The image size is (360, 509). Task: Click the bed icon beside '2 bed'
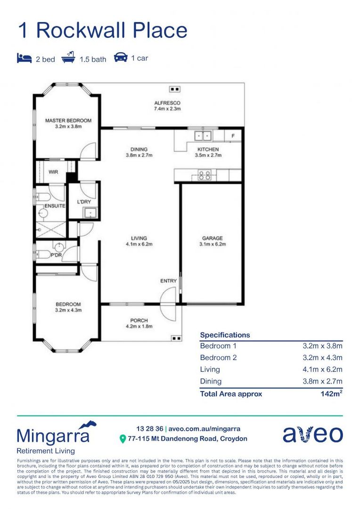pyautogui.click(x=25, y=58)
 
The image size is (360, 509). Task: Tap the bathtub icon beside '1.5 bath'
pyautogui.click(x=68, y=57)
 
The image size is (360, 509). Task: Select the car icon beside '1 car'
pyautogui.click(x=121, y=57)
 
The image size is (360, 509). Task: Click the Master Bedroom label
pyautogui.click(x=68, y=121)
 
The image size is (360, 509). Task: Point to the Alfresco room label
pyautogui.click(x=167, y=103)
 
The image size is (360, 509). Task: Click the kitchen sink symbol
pyautogui.click(x=203, y=135)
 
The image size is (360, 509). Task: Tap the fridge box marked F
pyautogui.click(x=233, y=136)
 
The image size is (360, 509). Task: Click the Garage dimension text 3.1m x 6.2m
pyautogui.click(x=213, y=244)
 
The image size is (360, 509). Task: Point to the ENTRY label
pyautogui.click(x=169, y=281)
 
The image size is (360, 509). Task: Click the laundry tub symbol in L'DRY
pyautogui.click(x=88, y=213)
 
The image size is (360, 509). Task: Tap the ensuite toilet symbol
pyautogui.click(x=42, y=197)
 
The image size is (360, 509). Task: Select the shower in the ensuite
pyautogui.click(x=51, y=230)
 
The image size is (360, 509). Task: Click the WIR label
pyautogui.click(x=53, y=172)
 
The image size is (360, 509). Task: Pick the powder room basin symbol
pyautogui.click(x=59, y=246)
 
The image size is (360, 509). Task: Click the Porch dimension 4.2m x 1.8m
pyautogui.click(x=139, y=326)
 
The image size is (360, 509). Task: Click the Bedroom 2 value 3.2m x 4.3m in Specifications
pyautogui.click(x=322, y=357)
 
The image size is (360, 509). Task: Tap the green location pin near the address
pyautogui.click(x=123, y=439)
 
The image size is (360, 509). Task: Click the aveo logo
pyautogui.click(x=312, y=435)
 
